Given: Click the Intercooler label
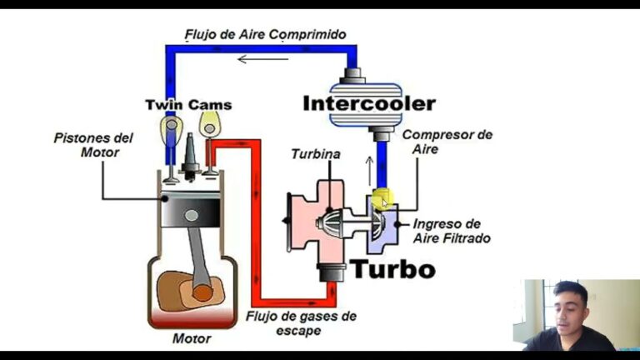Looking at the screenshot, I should [x=368, y=104].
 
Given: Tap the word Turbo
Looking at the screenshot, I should [x=392, y=269].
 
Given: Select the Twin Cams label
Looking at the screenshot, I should [x=188, y=105].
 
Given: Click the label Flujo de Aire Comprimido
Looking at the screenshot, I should [x=265, y=34].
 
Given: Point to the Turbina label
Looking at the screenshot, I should [x=315, y=154].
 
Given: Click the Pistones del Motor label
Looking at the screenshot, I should [x=92, y=144].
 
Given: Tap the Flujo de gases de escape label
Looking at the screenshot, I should [x=301, y=322].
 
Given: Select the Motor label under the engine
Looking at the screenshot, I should [x=191, y=338].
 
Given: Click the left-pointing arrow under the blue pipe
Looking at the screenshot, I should [x=263, y=58].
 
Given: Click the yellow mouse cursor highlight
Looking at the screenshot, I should [x=382, y=200].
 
